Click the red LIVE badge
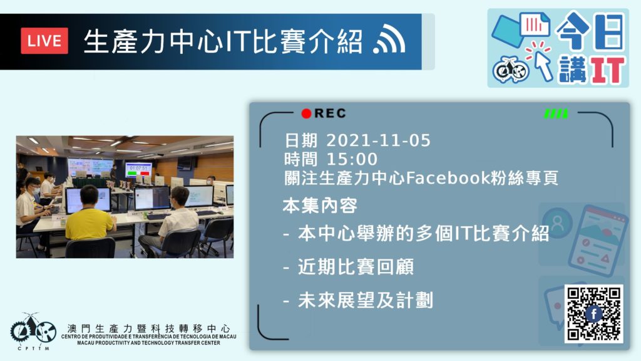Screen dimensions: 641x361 point(44,41)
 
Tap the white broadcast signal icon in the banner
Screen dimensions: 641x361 point(389,38)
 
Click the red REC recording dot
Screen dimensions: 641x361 point(306,113)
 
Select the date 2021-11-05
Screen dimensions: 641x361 point(378,140)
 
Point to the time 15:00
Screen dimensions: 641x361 point(352,159)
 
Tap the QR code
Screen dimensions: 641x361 point(594,314)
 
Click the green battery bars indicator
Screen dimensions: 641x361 point(556,113)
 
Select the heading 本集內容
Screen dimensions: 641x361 point(320,206)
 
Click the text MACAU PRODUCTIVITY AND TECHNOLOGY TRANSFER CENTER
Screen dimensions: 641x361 point(148,343)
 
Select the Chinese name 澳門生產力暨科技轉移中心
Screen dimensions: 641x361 point(148,328)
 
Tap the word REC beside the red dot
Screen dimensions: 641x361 point(330,113)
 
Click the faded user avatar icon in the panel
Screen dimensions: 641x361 point(556,222)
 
